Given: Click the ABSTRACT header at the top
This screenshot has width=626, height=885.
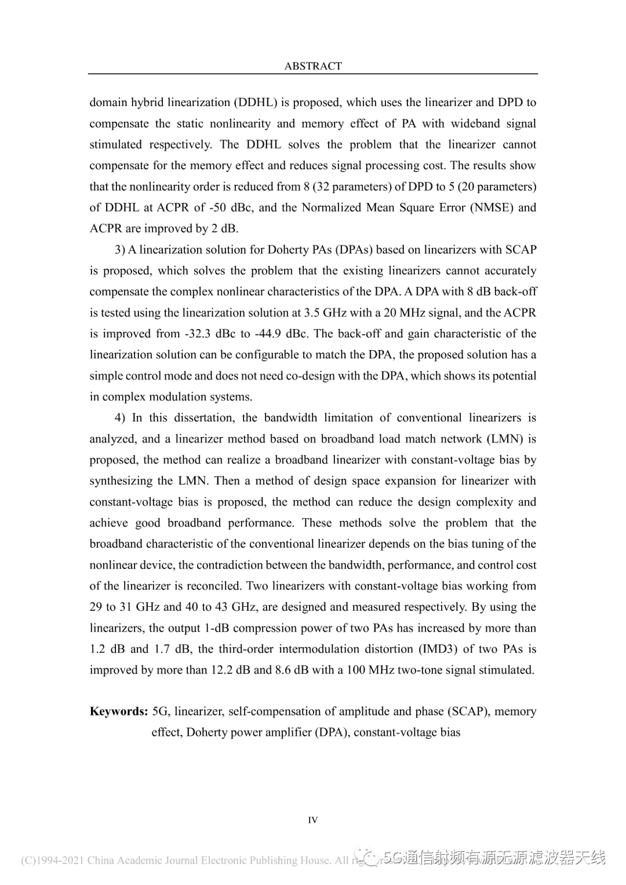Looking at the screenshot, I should (x=313, y=66).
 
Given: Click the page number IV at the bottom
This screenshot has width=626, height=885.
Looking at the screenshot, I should (x=312, y=820).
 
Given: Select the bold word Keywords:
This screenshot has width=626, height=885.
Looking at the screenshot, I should (x=119, y=711).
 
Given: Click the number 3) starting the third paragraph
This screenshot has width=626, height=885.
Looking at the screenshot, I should (x=120, y=250).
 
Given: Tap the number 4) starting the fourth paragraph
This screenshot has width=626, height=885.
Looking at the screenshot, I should (x=120, y=418).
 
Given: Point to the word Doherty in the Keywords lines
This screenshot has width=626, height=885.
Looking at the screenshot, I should (x=206, y=733).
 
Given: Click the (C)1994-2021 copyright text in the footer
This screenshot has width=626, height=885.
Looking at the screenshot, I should (x=53, y=861).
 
